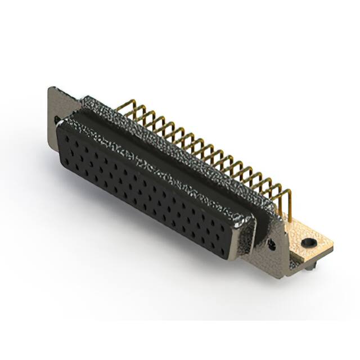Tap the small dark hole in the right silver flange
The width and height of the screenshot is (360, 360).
coord(272,244)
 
